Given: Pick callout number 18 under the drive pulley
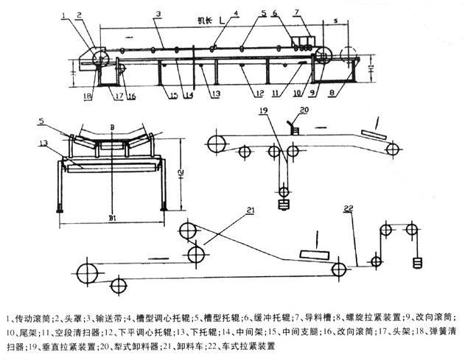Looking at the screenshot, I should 87,95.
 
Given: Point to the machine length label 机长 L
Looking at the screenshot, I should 194,23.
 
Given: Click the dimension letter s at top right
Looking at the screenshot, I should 335,23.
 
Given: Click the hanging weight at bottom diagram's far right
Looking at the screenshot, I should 417,261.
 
